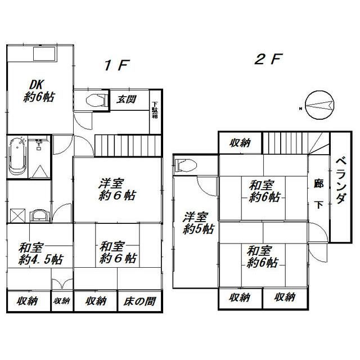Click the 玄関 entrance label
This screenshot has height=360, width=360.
pyautogui.click(x=126, y=100)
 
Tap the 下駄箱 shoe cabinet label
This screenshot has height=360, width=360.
pyautogui.click(x=155, y=110)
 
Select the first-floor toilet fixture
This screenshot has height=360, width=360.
pyautogui.click(x=97, y=100)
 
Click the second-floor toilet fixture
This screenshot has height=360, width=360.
pyautogui.click(x=186, y=165)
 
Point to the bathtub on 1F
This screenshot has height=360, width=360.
pyautogui.click(x=17, y=157)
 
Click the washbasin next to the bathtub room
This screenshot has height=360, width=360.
pyautogui.click(x=39, y=215)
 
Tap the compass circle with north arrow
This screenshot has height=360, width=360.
pyautogui.click(x=319, y=105)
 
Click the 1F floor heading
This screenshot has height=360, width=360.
pyautogui.click(x=117, y=65)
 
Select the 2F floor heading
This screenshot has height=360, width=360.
pyautogui.click(x=268, y=59)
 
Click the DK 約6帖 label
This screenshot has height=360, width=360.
pyautogui.click(x=39, y=91)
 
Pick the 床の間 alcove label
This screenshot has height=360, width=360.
pyautogui.click(x=139, y=301)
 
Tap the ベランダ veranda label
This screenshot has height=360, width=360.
pyautogui.click(x=341, y=181)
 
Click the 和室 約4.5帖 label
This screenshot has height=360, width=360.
pyautogui.click(x=40, y=254)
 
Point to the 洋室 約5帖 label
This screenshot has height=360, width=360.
pyautogui.click(x=199, y=223)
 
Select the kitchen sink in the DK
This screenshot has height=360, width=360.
pyautogui.click(x=44, y=54)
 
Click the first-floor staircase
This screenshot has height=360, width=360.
pyautogui.click(x=128, y=146)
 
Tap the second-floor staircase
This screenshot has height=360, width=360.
pyautogui.click(x=296, y=143)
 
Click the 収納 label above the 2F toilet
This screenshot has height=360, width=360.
pyautogui.click(x=240, y=143)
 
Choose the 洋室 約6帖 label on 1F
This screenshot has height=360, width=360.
pyautogui.click(x=117, y=190)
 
